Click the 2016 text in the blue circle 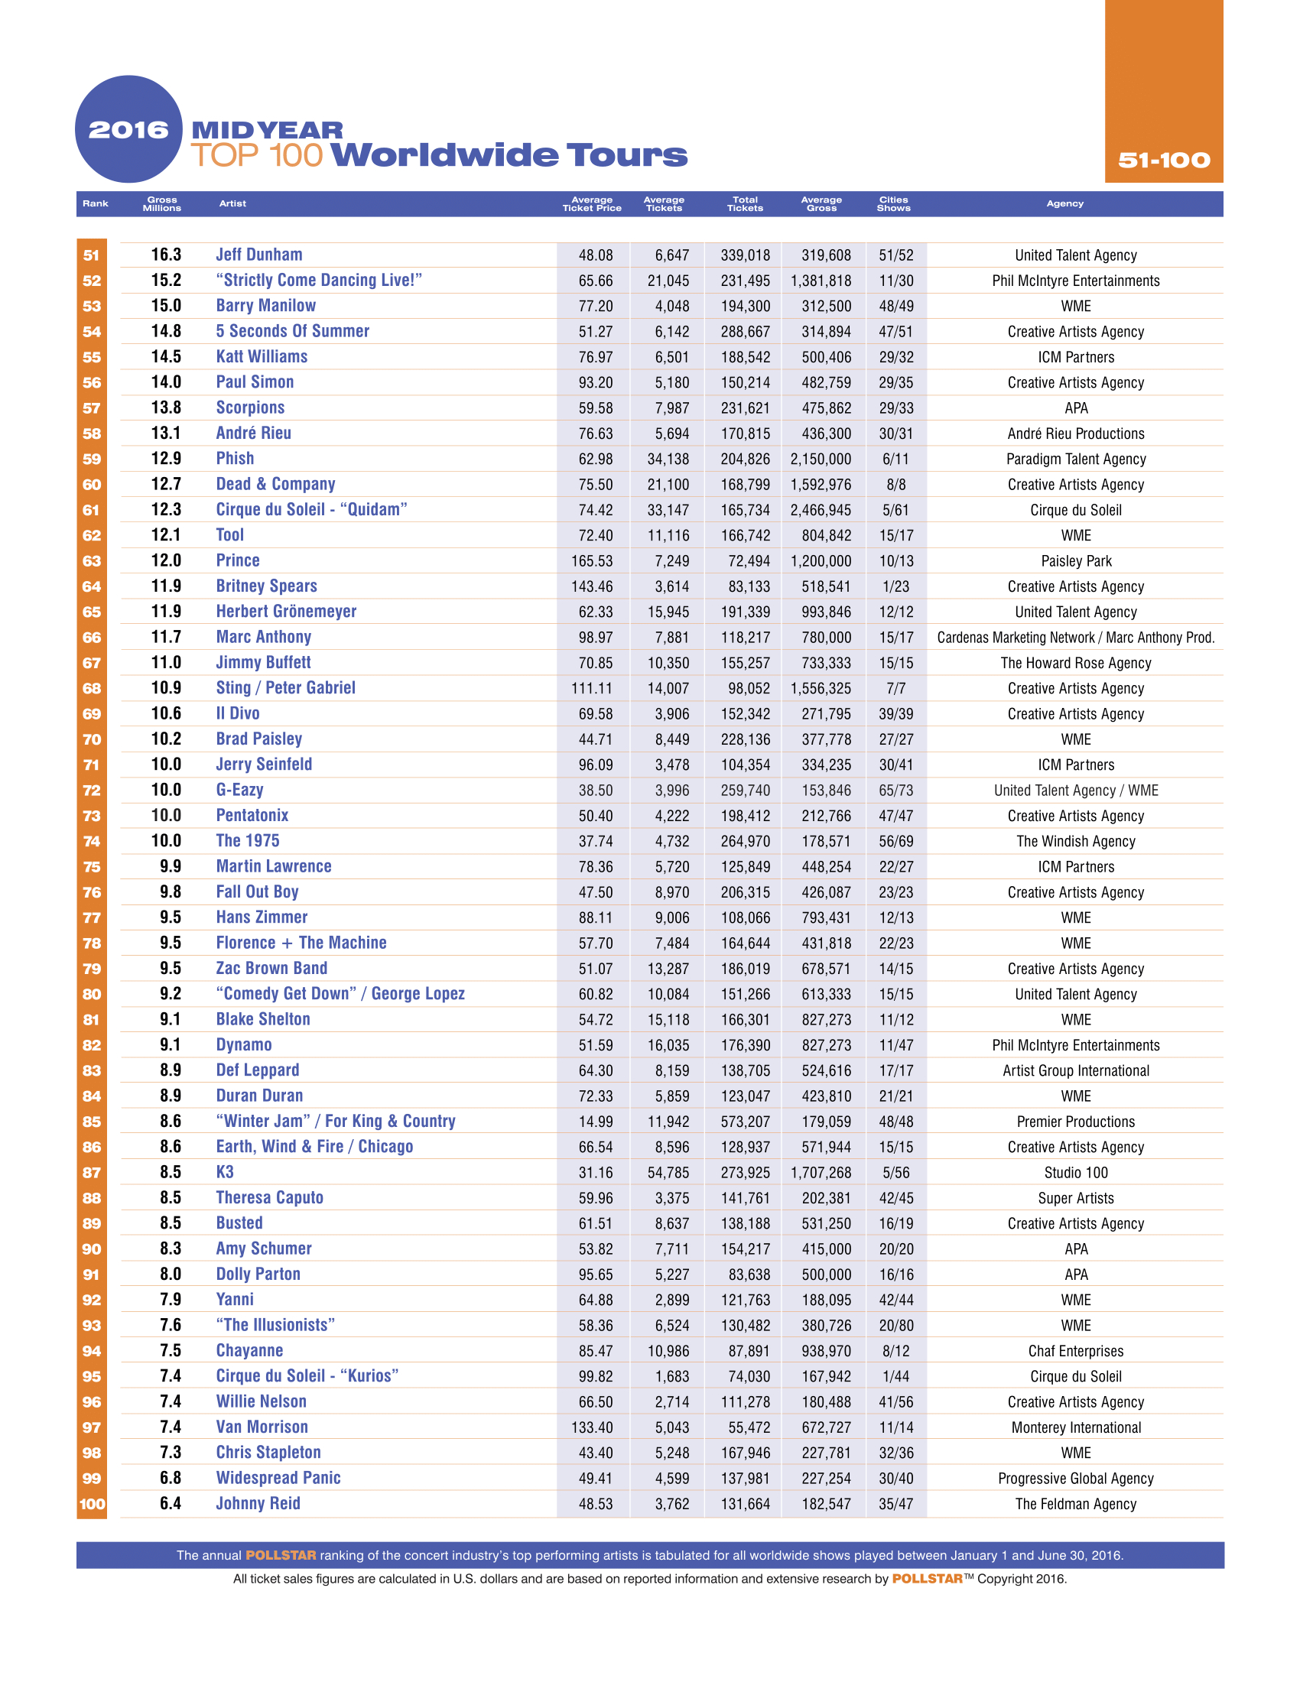[x=128, y=129]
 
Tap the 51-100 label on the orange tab [x=1164, y=161]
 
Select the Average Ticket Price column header [x=591, y=203]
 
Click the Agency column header [x=1064, y=203]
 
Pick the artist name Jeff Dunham [x=258, y=255]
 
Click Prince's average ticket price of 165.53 [x=591, y=560]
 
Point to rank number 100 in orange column [x=92, y=1503]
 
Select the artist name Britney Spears [x=266, y=586]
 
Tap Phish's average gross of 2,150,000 [x=821, y=459]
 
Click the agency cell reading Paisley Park [x=1076, y=560]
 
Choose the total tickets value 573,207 [x=745, y=1122]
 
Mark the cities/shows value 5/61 [x=895, y=510]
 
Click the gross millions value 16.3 [x=166, y=255]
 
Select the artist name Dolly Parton [x=258, y=1274]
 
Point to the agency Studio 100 [x=1076, y=1172]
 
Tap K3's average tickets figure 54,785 [x=668, y=1172]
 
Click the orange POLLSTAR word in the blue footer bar [x=281, y=1555]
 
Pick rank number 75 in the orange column [x=92, y=866]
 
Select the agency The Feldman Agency [x=1076, y=1503]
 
